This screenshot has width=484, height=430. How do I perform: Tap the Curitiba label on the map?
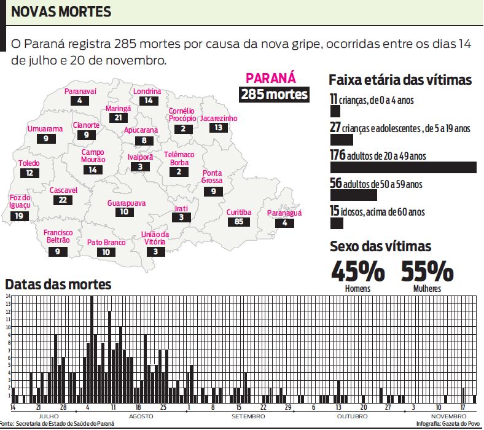(239, 212)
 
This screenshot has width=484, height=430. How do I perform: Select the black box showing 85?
(239, 221)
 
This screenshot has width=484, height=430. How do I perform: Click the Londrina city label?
(147, 92)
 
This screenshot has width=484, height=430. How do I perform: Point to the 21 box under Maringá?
(118, 117)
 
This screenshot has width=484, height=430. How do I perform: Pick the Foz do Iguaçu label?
(20, 201)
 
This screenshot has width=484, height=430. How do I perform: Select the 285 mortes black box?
(274, 95)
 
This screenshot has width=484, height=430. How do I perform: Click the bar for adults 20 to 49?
(403, 168)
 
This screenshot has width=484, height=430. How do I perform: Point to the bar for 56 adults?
(353, 195)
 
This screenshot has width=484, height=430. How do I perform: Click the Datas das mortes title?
(58, 284)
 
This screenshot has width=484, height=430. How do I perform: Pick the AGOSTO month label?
(141, 416)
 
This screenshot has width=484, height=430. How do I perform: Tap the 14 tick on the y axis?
(9, 297)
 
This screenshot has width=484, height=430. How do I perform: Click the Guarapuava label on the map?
(126, 203)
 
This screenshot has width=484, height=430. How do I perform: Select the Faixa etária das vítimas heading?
(400, 80)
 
